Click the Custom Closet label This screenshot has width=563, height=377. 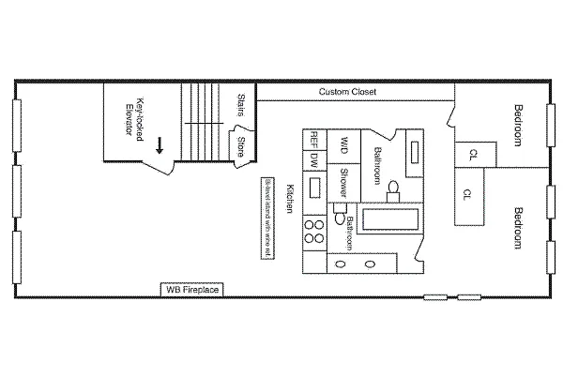coord(346,92)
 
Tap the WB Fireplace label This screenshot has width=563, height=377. coord(192,289)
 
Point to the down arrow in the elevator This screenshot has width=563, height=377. coord(160,144)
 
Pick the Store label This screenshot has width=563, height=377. coord(240,147)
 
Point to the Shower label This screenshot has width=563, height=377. coord(343,179)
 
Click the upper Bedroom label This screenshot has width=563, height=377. coord(517,123)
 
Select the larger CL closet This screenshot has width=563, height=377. coord(467,195)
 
